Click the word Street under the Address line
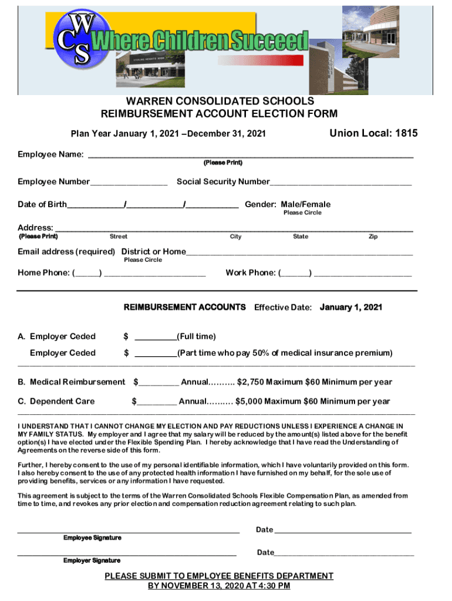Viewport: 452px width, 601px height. click(119, 237)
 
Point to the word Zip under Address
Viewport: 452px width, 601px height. click(373, 237)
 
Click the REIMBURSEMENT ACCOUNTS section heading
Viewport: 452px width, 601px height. click(184, 307)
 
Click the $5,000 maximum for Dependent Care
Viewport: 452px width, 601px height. click(248, 401)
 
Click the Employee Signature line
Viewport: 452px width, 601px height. click(129, 532)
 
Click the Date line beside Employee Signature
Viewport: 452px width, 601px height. click(343, 532)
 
